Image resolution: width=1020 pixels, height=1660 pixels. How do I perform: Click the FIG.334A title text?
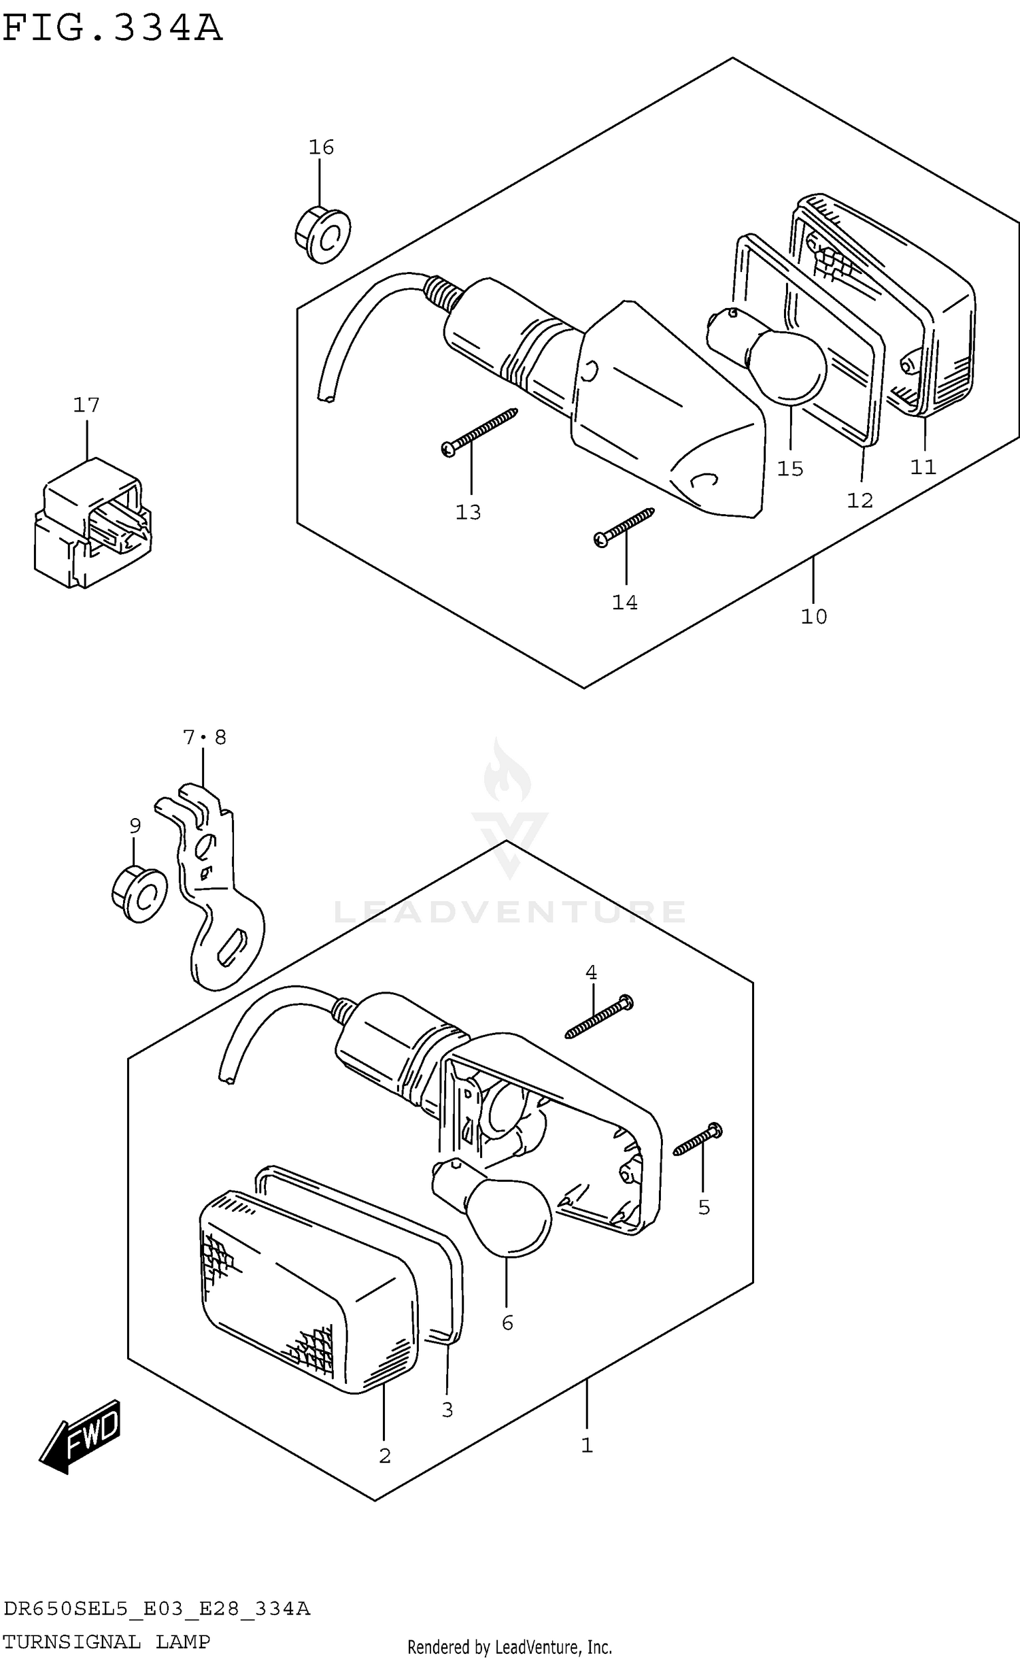coord(112,29)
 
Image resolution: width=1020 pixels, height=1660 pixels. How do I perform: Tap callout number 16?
coord(321,147)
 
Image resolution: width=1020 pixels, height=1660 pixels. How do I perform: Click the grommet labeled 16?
coord(323,235)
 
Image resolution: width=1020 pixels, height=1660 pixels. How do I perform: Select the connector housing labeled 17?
coord(92,523)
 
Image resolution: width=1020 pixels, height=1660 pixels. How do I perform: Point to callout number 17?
coord(86,405)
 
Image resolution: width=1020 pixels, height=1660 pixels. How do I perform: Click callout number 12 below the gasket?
coord(860,501)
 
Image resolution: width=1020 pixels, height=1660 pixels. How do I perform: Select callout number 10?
coord(813,617)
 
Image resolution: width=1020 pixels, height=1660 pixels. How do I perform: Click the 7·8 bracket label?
coord(204,737)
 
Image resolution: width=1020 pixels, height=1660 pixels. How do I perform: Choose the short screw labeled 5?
coord(698,1141)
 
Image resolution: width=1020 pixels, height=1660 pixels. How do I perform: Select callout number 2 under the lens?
coord(384,1456)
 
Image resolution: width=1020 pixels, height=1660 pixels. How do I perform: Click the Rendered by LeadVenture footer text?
coord(509,1646)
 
